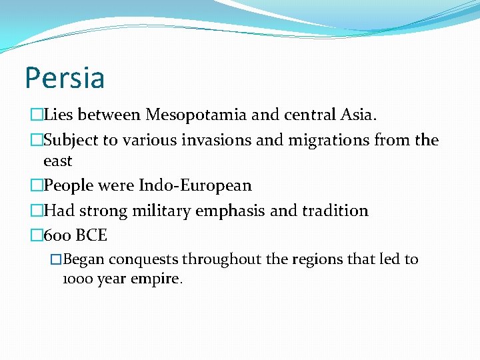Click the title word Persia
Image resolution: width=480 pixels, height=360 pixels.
pos(65,77)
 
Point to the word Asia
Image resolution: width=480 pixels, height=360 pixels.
pos(357,115)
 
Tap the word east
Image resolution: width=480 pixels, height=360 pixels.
pos(57,161)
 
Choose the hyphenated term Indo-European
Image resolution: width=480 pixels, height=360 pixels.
pos(195,185)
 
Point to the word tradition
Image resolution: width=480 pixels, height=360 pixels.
pos(335,211)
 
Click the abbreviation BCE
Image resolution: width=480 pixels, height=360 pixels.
pos(91,235)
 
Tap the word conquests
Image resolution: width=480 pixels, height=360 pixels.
pos(145,259)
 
